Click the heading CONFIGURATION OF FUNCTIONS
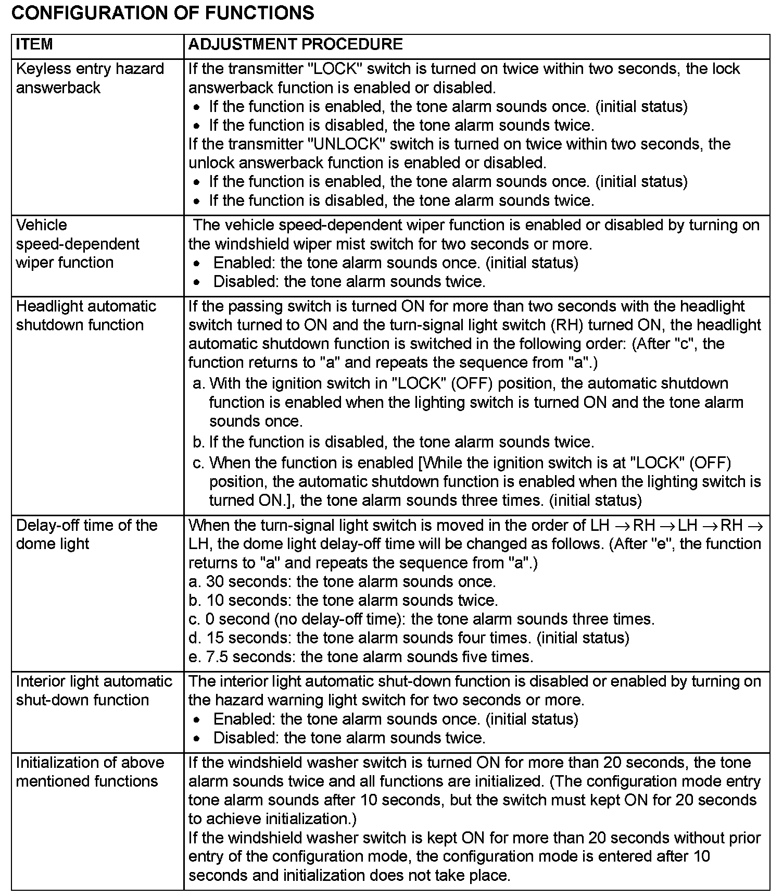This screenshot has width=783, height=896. coord(162,13)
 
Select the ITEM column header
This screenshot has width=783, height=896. coord(34,44)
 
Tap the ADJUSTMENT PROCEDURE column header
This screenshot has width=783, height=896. coord(295,44)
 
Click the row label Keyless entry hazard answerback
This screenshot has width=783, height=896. coord(90,78)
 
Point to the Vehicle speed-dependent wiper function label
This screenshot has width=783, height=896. coord(78,244)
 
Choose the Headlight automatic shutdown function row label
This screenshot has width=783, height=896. coord(86,316)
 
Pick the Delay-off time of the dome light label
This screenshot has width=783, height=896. coord(86,534)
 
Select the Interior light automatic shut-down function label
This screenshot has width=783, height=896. coord(94,691)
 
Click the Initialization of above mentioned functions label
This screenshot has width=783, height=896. coord(90,772)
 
